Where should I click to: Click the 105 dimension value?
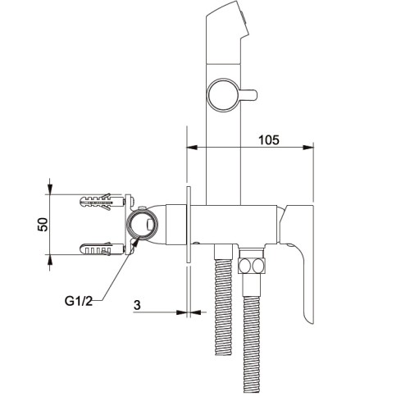pyautogui.click(x=269, y=139)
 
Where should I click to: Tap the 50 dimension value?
pyautogui.click(x=43, y=225)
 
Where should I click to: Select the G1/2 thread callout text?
pyautogui.click(x=79, y=301)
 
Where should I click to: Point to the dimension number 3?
pyautogui.click(x=137, y=305)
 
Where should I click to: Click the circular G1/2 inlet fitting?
pyautogui.click(x=142, y=225)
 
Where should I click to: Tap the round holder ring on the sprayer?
pyautogui.click(x=222, y=95)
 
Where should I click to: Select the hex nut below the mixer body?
pyautogui.click(x=252, y=266)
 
